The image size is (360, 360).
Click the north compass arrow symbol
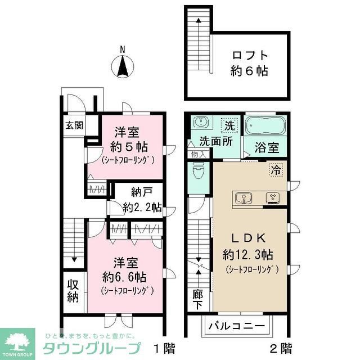coord(123,67)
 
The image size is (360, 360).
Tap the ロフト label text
coord(249,55)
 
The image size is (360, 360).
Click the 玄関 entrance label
coord(73,125)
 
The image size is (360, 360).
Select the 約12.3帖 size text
coord(247,254)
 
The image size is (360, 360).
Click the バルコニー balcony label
coord(236,326)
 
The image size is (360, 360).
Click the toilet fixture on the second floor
coord(198,169)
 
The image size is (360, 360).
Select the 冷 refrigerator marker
coord(276,168)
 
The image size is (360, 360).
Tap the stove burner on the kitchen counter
coord(272,197)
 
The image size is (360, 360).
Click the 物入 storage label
coord(199,153)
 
